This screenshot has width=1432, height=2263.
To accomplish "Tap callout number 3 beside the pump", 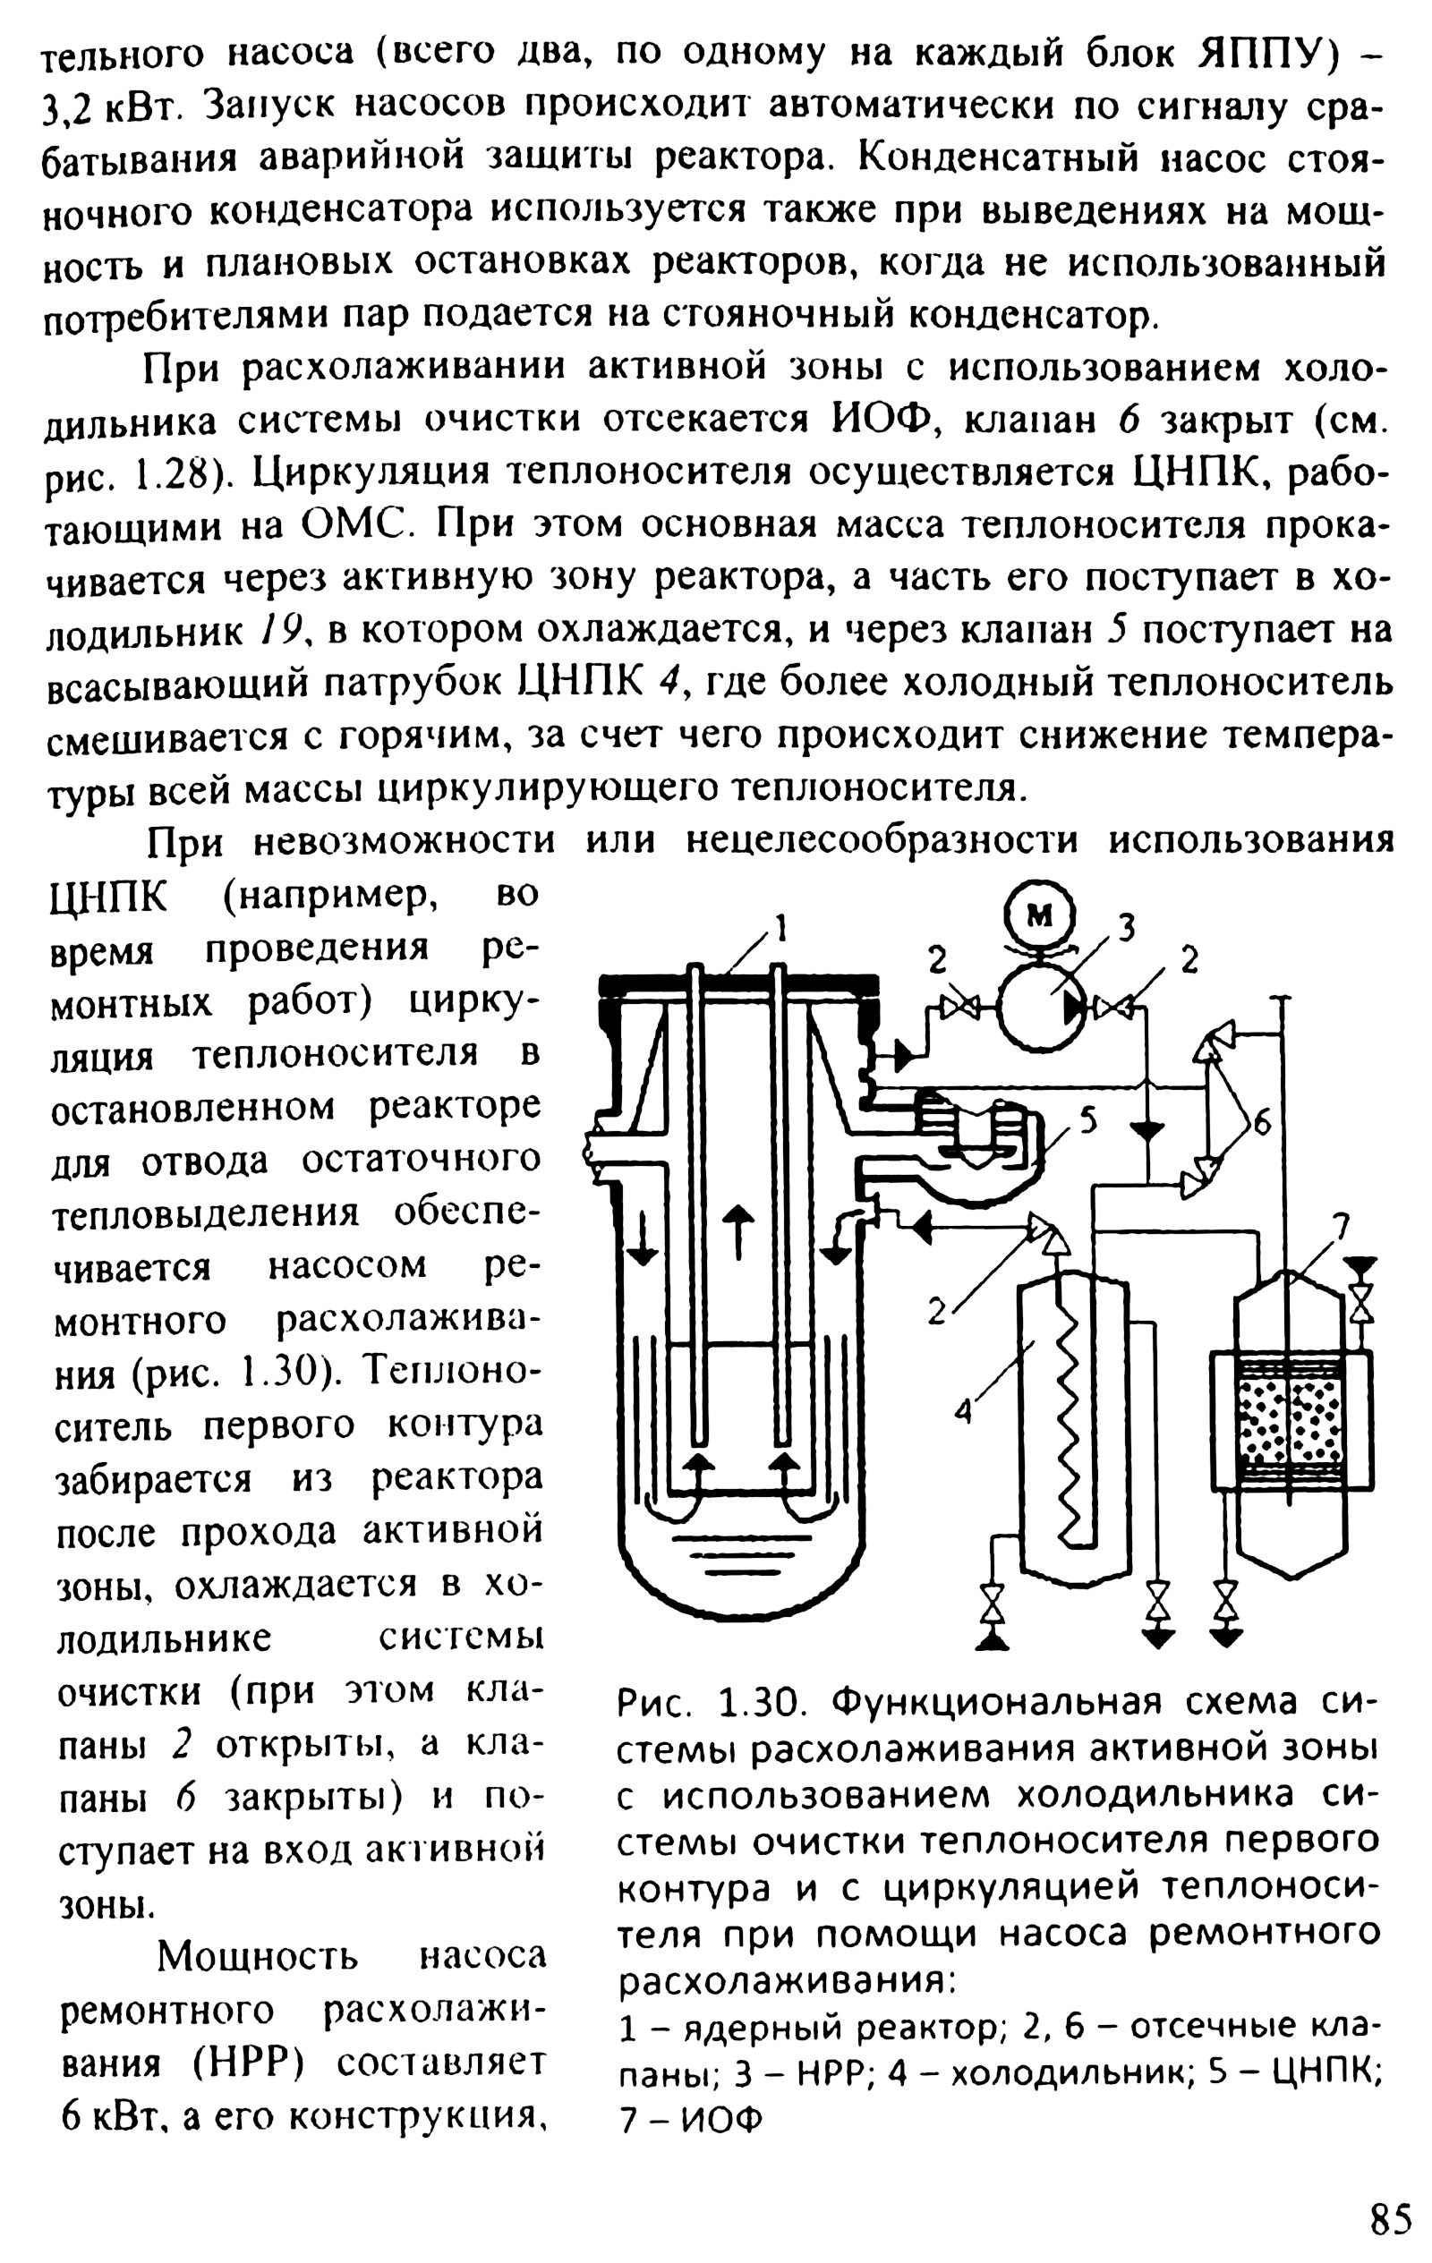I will click(x=1128, y=928).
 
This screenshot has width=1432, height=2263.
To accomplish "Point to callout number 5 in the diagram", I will click(x=1087, y=1120).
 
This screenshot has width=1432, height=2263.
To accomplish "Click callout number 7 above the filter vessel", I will click(x=1342, y=1224).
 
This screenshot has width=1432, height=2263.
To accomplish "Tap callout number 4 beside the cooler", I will click(x=963, y=1409).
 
